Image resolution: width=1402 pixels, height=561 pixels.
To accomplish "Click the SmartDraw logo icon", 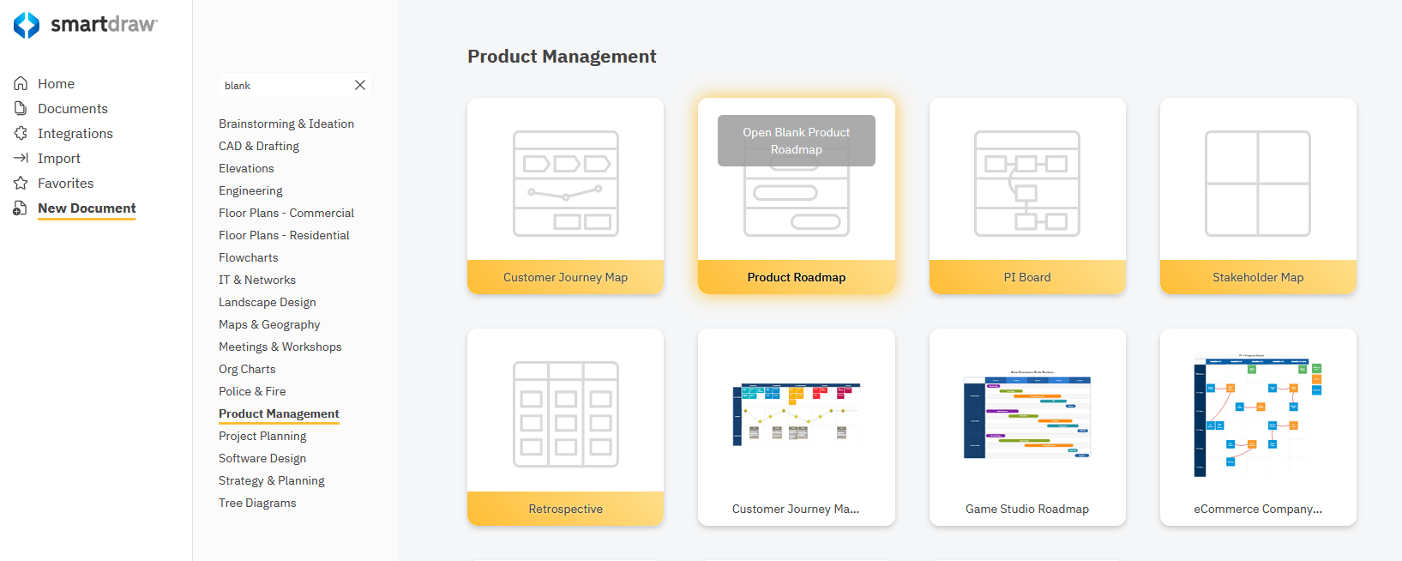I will point(27,25).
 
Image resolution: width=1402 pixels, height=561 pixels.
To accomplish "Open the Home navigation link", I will point(56,84).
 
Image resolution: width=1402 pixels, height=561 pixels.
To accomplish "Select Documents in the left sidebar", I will point(72,109).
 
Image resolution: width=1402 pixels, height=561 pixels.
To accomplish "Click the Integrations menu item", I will point(75,134).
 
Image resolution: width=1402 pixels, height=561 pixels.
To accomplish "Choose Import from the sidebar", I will point(58,159).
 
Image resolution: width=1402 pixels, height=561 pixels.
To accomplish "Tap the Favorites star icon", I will point(21,184).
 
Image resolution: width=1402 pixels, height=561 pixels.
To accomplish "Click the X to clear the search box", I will point(360,85).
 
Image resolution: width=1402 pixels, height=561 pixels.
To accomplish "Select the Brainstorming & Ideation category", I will point(286,124).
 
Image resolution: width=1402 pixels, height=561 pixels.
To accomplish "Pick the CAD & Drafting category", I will point(259,146).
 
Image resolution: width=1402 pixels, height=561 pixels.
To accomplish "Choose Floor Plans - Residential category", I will point(284,235).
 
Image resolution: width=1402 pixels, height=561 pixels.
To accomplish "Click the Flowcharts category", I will point(249,257).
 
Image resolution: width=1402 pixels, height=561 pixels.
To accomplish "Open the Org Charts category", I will point(247,369).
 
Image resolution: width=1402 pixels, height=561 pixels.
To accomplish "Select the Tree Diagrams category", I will point(257,503).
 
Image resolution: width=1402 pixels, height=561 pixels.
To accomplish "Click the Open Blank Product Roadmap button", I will point(796,141).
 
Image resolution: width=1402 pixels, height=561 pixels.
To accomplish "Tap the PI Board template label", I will point(1026,277).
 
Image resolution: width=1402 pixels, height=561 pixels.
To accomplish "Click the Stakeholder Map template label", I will point(1257,277).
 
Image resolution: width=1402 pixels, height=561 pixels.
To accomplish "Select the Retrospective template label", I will point(565,509).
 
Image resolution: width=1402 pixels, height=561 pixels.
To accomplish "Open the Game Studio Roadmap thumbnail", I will point(1026,416).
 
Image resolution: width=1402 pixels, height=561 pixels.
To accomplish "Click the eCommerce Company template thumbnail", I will point(1257,416).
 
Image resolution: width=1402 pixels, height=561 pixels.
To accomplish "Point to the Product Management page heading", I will point(562,57).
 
